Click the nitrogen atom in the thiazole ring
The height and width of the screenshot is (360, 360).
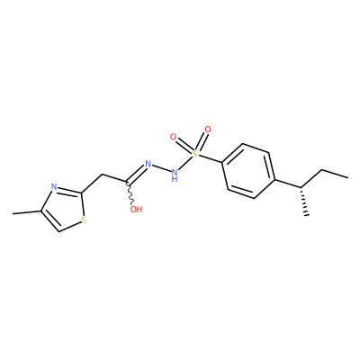54,187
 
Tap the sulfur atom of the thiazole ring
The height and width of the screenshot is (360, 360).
84,220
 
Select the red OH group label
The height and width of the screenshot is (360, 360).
136,210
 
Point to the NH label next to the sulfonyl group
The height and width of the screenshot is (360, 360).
175,175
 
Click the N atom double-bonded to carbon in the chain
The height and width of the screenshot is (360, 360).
148,164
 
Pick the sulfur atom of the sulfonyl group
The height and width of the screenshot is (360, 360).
195,155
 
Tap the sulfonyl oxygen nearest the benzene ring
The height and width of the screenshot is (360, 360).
208,130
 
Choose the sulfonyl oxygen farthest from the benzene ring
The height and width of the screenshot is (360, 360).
173,137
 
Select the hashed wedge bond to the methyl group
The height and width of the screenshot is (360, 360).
303,202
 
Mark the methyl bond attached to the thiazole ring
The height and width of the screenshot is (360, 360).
26,212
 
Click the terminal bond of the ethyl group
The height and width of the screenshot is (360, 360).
335,175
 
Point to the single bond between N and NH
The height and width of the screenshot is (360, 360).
161,168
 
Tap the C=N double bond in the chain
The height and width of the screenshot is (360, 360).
137,174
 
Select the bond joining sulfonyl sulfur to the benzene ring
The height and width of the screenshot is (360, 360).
210,159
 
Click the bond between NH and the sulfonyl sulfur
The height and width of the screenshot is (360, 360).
184,163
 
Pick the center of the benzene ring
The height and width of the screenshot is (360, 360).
248,171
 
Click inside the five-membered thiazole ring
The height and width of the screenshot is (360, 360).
64,210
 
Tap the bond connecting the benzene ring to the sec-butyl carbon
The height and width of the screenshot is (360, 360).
288,184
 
